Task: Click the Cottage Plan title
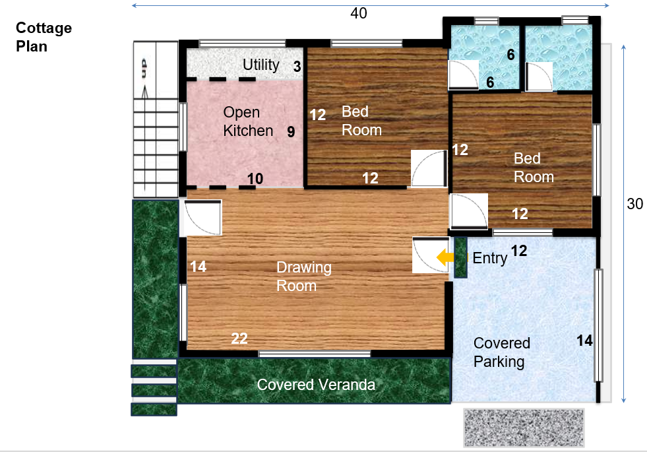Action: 44,37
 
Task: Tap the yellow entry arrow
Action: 445,257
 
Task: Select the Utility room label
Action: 261,65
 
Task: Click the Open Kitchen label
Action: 248,121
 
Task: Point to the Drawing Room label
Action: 303,276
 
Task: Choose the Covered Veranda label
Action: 316,385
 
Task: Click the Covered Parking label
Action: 502,352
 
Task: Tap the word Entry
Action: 490,258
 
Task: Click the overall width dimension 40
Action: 359,13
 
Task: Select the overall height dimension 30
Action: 634,204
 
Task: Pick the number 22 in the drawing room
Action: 239,339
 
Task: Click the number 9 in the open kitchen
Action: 291,132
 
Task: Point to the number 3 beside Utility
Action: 297,66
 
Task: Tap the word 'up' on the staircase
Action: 143,68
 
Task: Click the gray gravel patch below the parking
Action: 524,428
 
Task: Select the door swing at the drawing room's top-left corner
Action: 202,218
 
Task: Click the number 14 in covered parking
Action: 584,340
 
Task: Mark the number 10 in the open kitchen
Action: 255,179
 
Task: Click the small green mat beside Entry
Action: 460,257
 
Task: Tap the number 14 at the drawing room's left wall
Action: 198,267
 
